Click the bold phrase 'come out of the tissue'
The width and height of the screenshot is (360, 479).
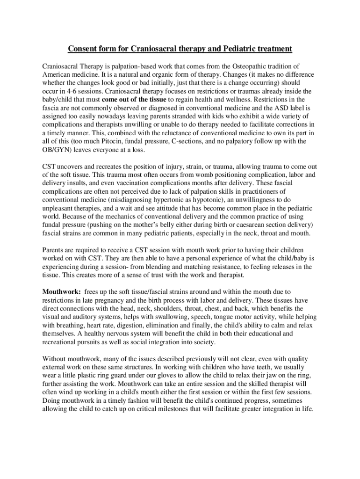(136, 100)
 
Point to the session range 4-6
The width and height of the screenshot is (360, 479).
(66, 91)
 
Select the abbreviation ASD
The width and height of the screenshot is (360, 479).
(275, 108)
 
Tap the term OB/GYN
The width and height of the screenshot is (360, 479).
(58, 150)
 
